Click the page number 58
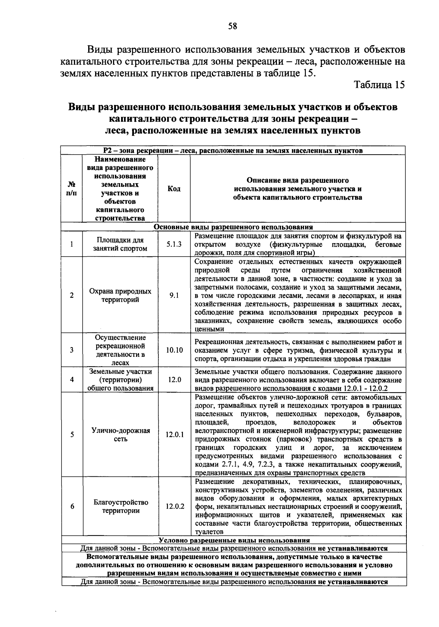point(233,26)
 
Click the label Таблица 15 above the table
point(380,85)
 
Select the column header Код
point(174,189)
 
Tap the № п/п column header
point(72,189)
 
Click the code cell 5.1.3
point(174,244)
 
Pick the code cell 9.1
point(174,295)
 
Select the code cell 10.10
point(174,350)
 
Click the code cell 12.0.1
point(175,435)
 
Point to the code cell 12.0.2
point(175,506)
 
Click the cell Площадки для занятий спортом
point(120,244)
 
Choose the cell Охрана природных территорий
point(120,295)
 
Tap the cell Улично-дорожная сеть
point(120,435)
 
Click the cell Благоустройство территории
point(120,506)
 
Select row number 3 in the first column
point(72,350)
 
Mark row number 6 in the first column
point(72,506)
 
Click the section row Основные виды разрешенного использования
point(233,227)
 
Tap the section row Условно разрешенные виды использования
point(234,540)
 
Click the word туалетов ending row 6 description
point(209,532)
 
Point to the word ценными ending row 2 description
point(209,329)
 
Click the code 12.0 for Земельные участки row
point(175,379)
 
